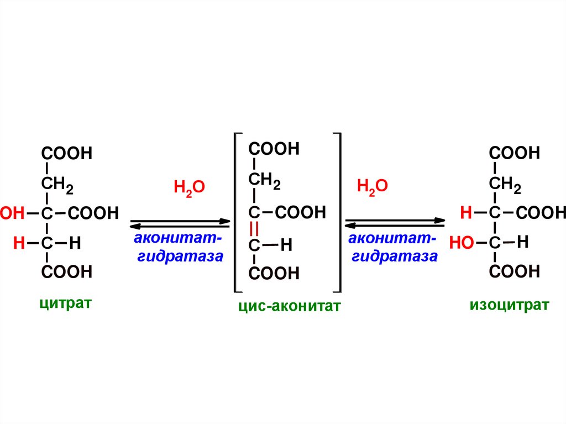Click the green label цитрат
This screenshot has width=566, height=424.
pyautogui.click(x=65, y=303)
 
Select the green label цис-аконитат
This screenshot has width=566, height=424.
pyautogui.click(x=287, y=306)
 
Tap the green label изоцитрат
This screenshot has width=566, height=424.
pyautogui.click(x=509, y=305)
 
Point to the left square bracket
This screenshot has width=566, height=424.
pyautogui.click(x=237, y=212)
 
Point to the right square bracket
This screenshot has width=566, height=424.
pyautogui.click(x=338, y=212)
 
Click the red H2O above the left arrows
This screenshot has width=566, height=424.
pyautogui.click(x=189, y=188)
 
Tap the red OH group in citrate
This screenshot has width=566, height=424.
pyautogui.click(x=12, y=213)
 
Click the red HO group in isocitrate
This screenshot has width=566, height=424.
pyautogui.click(x=461, y=243)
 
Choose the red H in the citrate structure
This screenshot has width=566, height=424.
pyautogui.click(x=19, y=243)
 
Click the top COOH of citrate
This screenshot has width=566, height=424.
pyautogui.click(x=66, y=153)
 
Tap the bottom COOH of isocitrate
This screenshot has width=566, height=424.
pyautogui.click(x=515, y=271)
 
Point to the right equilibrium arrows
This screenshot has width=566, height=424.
pyautogui.click(x=395, y=223)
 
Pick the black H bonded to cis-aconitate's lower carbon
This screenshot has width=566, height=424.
pyautogui.click(x=286, y=245)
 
